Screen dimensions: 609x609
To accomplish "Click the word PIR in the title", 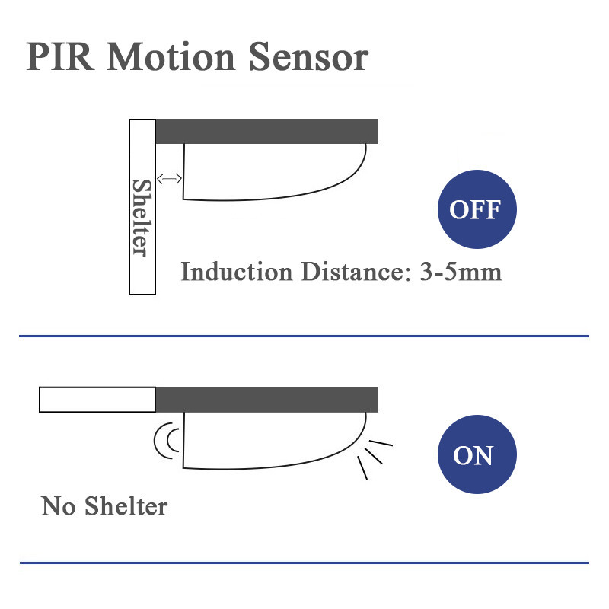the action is pos(60,56).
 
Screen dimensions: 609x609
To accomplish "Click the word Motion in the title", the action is pos(171,56).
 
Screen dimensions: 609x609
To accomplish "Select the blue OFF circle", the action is pos(477,209).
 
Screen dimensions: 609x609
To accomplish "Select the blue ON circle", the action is pos(477,454).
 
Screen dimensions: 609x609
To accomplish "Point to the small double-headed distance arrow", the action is pos(169,179).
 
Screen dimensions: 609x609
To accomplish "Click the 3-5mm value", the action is pos(461,272).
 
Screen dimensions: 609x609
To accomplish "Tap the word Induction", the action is pos(237,272).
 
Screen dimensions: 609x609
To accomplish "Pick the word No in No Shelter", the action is pos(59,506).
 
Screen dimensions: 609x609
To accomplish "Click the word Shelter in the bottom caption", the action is pos(126,506).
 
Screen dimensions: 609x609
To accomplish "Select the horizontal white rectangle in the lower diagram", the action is pos(97,399).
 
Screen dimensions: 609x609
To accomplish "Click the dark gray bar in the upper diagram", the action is pos(267,131).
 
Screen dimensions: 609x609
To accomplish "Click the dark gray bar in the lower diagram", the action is pos(267,399).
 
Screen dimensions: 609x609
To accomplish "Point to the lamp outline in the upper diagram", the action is pos(274,172).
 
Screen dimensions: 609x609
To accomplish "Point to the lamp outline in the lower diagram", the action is pos(274,441).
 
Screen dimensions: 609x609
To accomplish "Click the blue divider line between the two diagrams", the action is pos(304,336).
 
